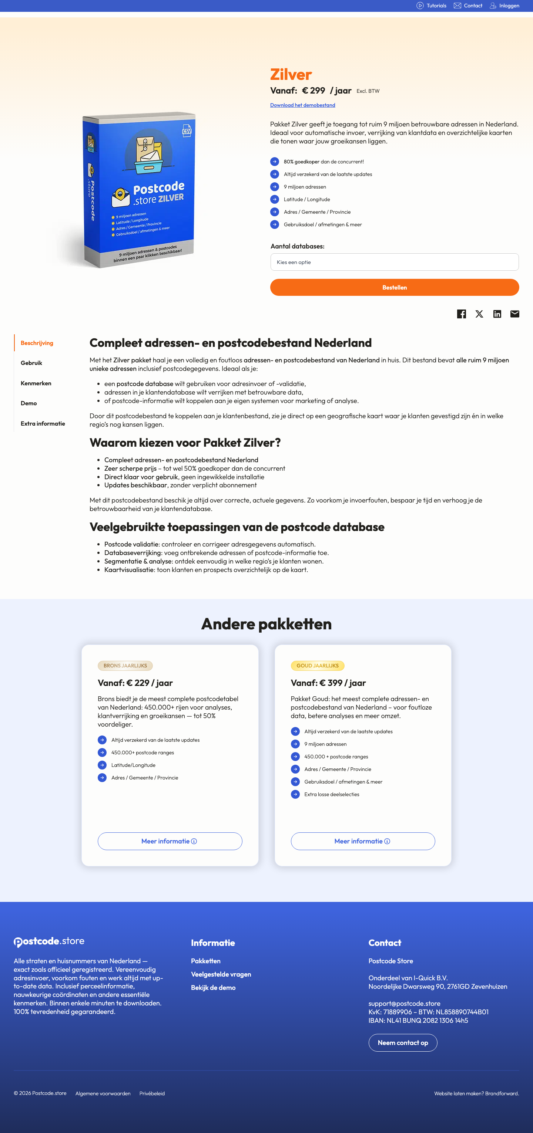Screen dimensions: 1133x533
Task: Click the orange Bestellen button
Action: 394,287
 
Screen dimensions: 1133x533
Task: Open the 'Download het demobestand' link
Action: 302,105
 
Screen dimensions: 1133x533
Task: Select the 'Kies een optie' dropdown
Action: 394,262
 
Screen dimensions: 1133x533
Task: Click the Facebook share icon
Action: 461,314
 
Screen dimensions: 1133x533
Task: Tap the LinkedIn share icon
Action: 497,314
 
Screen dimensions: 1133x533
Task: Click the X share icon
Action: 479,314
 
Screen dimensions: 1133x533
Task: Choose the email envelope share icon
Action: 514,314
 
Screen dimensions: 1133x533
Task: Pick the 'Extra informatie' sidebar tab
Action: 43,423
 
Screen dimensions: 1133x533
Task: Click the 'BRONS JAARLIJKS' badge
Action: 125,666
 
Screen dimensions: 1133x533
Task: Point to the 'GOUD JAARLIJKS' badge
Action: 317,666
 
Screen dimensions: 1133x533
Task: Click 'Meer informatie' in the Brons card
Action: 170,841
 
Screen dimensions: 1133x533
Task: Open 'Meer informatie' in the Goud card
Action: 363,841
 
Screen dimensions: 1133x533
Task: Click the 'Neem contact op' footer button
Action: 403,1042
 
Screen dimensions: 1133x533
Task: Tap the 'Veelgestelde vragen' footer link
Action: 221,974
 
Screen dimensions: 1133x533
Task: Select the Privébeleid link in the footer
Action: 152,1093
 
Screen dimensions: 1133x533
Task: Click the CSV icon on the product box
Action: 187,131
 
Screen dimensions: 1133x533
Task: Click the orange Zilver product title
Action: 291,74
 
